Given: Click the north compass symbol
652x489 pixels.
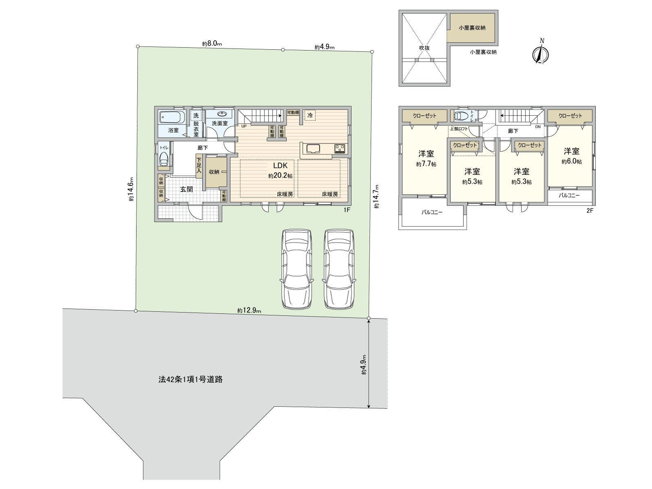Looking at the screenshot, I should click(x=541, y=54).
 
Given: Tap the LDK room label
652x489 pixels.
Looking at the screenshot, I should click(x=280, y=165).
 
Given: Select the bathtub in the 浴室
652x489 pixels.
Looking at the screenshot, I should click(x=172, y=118).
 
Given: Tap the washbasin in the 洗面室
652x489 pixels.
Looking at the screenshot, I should click(x=222, y=114).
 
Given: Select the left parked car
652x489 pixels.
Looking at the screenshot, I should click(x=296, y=269).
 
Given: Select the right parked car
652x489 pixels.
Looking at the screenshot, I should click(x=339, y=269).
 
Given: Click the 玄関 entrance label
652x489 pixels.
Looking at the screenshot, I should click(x=187, y=189).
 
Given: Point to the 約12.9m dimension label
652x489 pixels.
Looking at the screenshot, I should click(x=249, y=311).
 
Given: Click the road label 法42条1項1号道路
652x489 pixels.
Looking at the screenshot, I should click(x=190, y=379).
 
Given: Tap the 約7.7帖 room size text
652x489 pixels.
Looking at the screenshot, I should click(x=426, y=164).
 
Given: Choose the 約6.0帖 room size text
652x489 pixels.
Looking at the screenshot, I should click(x=571, y=162).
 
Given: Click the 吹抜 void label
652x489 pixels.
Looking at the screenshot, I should click(x=424, y=48).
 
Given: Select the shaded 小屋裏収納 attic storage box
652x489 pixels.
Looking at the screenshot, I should click(x=472, y=28).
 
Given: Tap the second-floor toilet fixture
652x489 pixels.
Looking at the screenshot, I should click(x=461, y=116).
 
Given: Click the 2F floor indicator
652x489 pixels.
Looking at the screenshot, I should click(x=590, y=211).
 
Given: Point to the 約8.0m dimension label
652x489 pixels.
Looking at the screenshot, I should click(x=211, y=44).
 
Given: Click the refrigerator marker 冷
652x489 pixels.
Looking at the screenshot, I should click(x=310, y=115).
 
